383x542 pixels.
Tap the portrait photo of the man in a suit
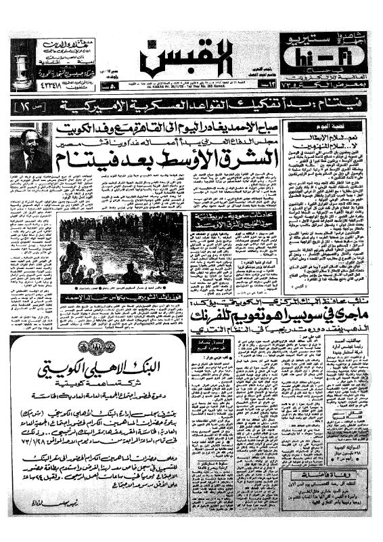pyautogui.click(x=28, y=148)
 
